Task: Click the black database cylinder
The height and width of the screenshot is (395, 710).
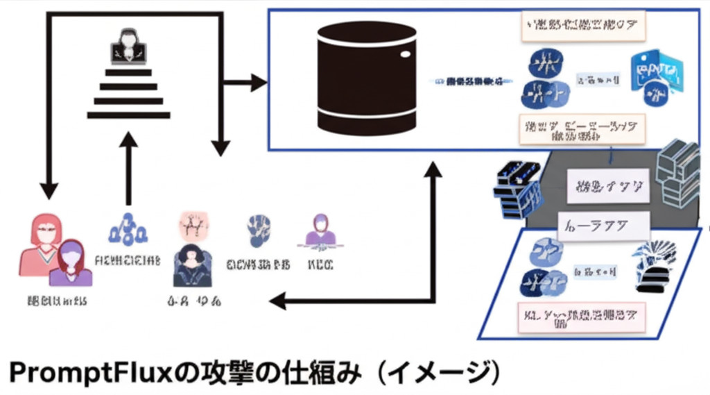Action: click(366, 77)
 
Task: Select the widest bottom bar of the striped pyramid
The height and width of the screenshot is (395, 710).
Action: click(128, 115)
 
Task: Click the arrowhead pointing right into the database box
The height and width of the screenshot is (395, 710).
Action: click(258, 83)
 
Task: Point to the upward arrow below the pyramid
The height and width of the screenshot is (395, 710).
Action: click(128, 167)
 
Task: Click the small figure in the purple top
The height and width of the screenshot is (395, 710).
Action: click(69, 264)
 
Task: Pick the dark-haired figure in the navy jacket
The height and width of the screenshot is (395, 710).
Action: click(191, 267)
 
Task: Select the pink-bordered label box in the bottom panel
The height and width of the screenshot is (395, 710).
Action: click(581, 317)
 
